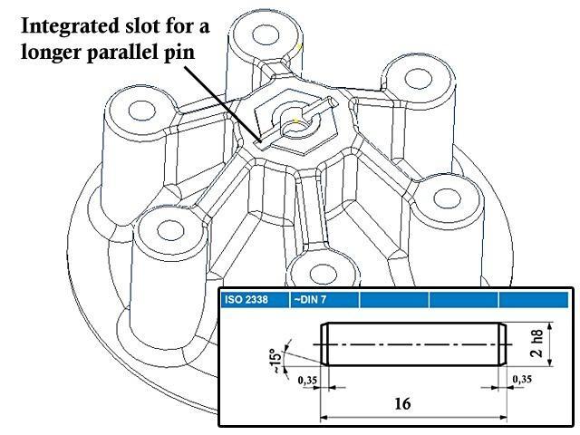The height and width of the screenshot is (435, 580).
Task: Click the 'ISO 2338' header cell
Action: tap(242, 298)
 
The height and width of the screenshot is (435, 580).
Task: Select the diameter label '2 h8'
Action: tap(540, 345)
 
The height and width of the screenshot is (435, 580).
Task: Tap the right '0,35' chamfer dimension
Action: tap(521, 381)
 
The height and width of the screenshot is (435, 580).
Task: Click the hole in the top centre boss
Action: tap(266, 36)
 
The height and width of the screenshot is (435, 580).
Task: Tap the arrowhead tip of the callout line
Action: tap(261, 142)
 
